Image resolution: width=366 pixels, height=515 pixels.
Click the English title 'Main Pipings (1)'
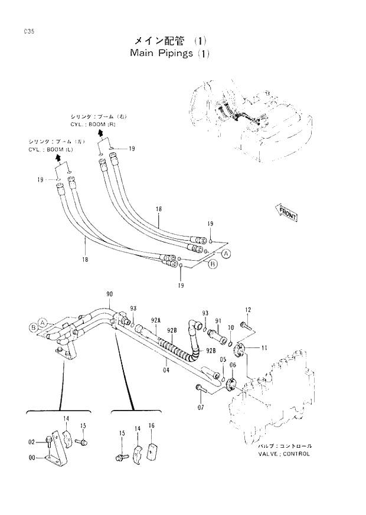pyautogui.click(x=169, y=54)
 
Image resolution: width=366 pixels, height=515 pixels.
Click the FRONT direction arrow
pyautogui.click(x=285, y=213)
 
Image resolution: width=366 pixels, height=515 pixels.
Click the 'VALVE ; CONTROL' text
pyautogui.click(x=283, y=454)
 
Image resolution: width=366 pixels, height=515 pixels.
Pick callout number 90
pyautogui.click(x=110, y=294)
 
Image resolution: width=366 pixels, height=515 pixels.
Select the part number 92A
pyautogui.click(x=155, y=322)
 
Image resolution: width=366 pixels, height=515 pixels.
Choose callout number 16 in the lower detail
pyautogui.click(x=151, y=425)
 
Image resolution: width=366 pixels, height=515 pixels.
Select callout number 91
pyautogui.click(x=218, y=322)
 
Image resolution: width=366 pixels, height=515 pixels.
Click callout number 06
pyautogui.click(x=232, y=366)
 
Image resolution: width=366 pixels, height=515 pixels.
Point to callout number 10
pyautogui.click(x=230, y=327)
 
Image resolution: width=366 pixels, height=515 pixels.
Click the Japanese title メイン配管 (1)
pyautogui.click(x=168, y=41)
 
